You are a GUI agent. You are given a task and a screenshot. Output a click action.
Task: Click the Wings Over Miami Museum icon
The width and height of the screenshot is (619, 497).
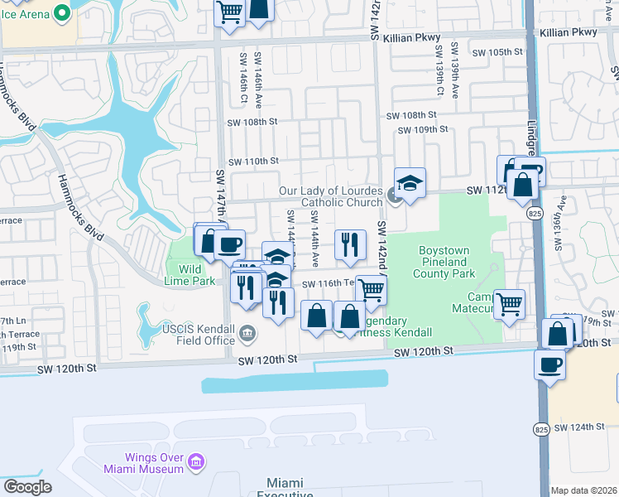[195, 461]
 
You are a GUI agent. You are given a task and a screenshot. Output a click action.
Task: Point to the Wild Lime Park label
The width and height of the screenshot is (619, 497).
[190, 274]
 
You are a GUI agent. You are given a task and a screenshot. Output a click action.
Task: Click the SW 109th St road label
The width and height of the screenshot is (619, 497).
[422, 129]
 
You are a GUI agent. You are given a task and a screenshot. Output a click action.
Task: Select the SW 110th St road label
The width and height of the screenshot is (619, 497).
[253, 161]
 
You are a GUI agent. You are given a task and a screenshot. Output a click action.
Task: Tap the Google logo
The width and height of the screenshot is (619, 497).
[27, 487]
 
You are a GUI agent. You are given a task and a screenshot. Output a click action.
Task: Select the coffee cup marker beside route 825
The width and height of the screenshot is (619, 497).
[549, 364]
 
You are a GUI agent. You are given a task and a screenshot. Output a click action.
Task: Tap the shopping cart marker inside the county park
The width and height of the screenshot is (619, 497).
[509, 303]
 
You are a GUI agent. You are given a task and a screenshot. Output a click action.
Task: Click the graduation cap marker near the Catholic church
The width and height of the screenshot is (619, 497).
[410, 182]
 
